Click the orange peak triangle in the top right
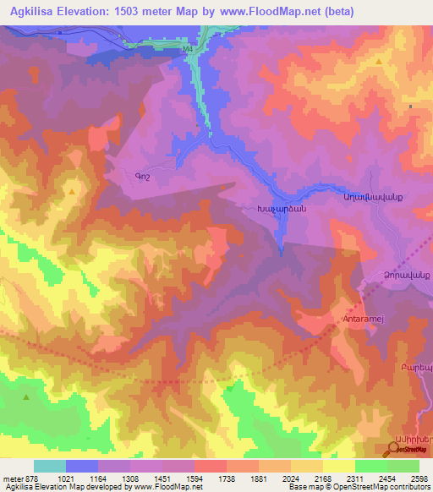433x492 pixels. pyautogui.click(x=380, y=62)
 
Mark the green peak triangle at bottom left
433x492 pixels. pyautogui.click(x=27, y=396)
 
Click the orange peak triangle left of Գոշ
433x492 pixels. pyautogui.click(x=72, y=192)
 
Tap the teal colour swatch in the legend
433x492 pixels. pyautogui.click(x=49, y=466)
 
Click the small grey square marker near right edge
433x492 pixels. pyautogui.click(x=411, y=107)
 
